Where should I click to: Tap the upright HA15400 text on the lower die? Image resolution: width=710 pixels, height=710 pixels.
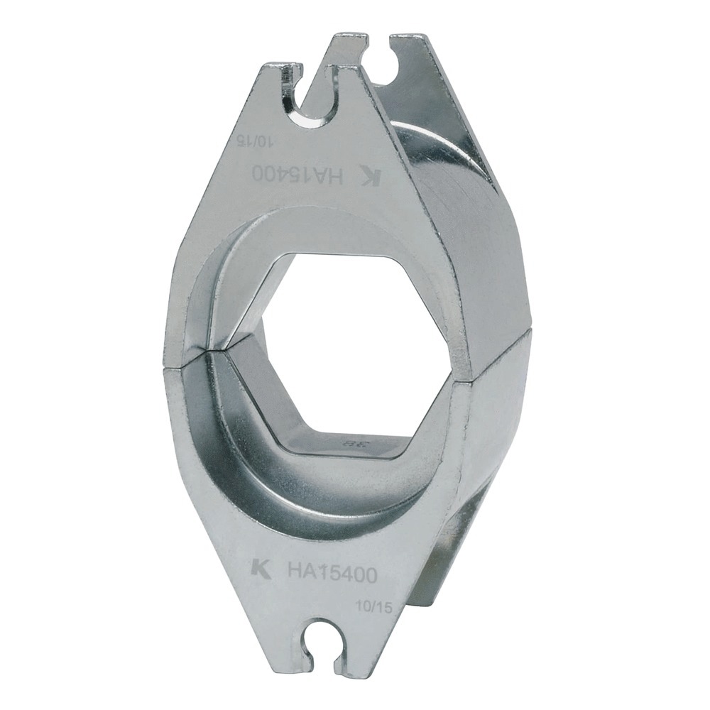[x=332, y=572]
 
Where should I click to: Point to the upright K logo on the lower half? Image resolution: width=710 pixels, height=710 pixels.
[x=261, y=568]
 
